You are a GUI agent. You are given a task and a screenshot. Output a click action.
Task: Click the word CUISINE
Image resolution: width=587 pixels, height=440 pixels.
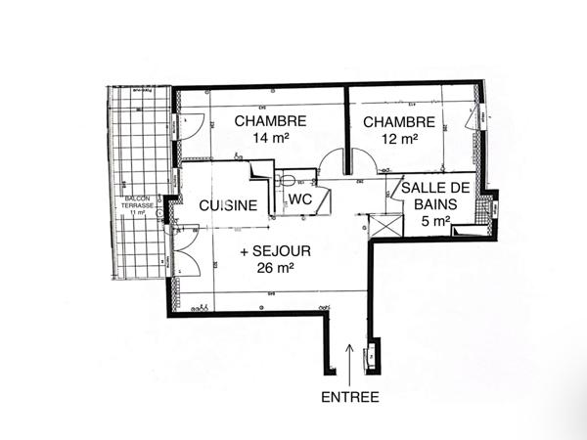228,206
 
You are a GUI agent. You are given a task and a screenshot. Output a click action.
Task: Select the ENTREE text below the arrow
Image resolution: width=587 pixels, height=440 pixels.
349,397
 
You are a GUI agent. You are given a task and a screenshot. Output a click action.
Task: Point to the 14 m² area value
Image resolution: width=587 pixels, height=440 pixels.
270,139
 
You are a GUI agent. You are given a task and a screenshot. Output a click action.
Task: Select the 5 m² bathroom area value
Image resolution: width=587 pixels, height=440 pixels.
436,221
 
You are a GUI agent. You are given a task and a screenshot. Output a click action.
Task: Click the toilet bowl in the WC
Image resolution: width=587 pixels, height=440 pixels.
287,179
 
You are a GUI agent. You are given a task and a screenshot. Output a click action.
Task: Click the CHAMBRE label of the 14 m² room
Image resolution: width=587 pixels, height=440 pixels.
270,121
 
